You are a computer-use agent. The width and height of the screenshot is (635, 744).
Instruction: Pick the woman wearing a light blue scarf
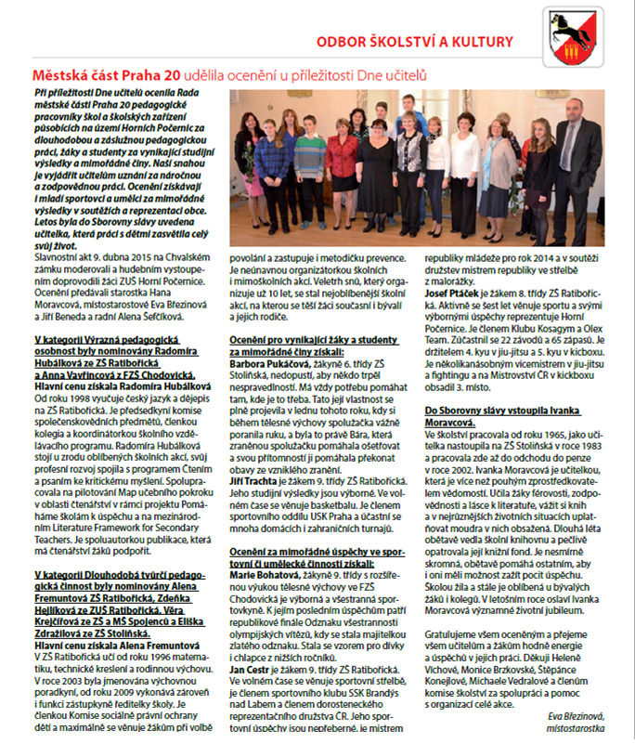496,163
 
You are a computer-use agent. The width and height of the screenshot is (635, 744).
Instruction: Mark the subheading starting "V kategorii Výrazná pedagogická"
110,342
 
